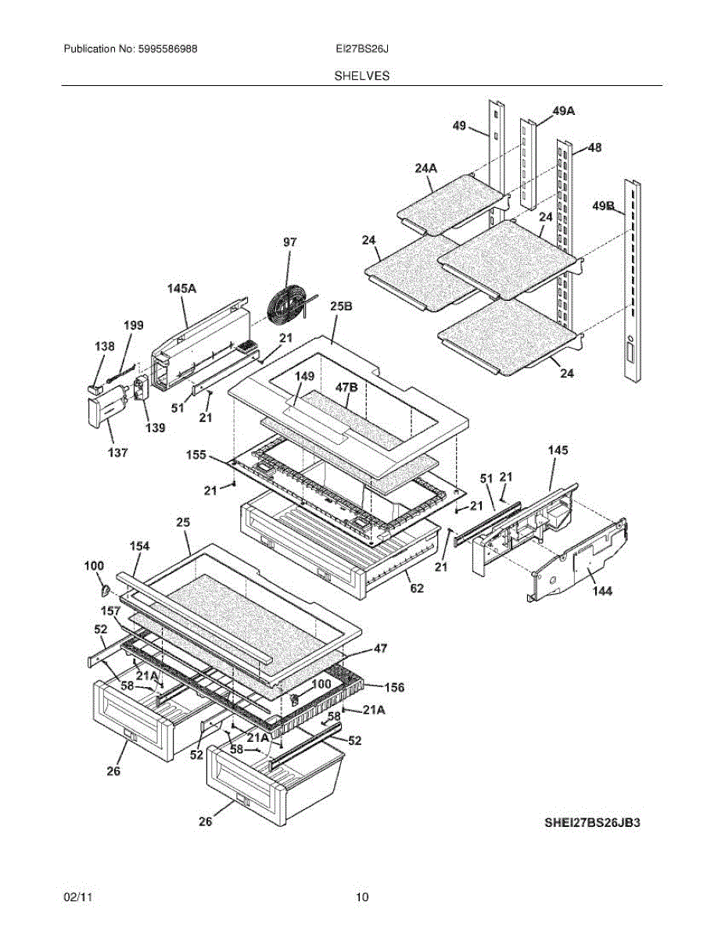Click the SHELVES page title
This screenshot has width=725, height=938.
pos(362,76)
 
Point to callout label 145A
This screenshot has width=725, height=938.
pos(181,288)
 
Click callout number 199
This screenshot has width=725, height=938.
pos(134,325)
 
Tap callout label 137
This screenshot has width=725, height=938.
pos(117,453)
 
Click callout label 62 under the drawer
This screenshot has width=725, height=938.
pos(416,588)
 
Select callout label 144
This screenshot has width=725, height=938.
pos(601,592)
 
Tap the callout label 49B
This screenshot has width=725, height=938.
pos(603,206)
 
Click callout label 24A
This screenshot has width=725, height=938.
pos(426,167)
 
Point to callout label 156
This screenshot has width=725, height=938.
pos(394,687)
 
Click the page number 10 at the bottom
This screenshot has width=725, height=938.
pos(362,897)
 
